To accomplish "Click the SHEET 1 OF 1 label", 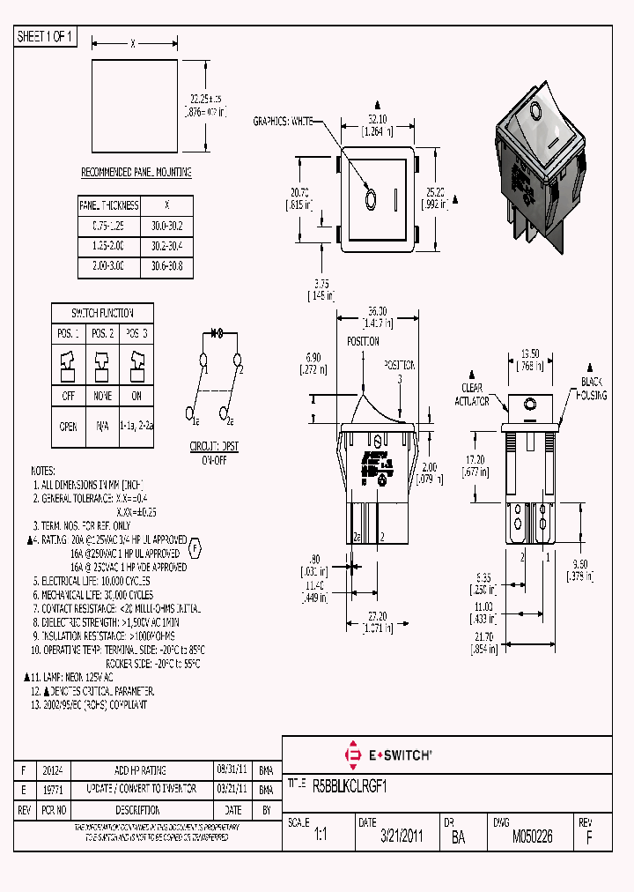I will [x=45, y=37].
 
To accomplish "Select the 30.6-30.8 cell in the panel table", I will [x=167, y=265].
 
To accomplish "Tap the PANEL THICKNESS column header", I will [x=109, y=204].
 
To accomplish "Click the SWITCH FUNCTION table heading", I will [x=103, y=313].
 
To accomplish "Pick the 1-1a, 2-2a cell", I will [x=136, y=425].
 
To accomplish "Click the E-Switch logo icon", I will [x=355, y=754].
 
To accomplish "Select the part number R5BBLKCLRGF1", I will [x=350, y=784].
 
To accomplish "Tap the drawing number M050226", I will [x=533, y=836].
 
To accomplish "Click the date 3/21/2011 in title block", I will [x=402, y=836].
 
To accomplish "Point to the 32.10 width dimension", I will [x=377, y=118].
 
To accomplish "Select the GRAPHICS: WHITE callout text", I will [x=284, y=121].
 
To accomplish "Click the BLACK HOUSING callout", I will [x=593, y=389].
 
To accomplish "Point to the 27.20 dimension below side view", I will [x=377, y=616].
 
